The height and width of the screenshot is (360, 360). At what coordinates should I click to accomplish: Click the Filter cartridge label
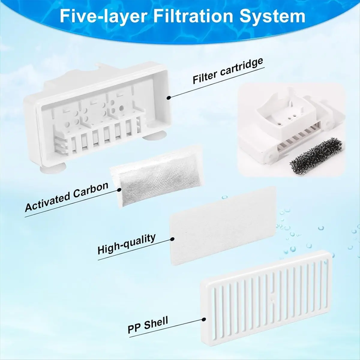coord(228,71)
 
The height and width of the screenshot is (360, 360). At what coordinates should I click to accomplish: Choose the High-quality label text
coord(127,244)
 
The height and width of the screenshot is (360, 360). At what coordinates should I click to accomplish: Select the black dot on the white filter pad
coord(173,239)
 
